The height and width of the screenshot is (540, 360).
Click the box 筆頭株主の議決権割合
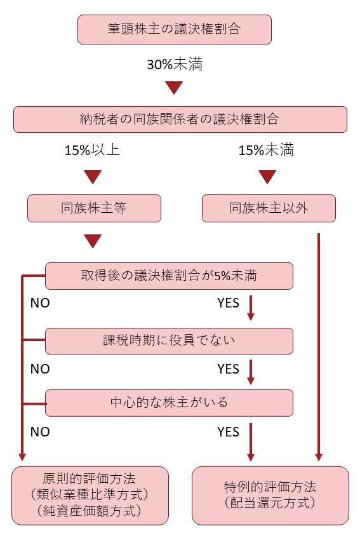tap(175, 29)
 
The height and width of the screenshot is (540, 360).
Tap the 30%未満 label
tap(175, 64)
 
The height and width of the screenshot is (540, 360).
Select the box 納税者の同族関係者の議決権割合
tap(180, 119)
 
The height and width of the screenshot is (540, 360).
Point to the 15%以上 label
tap(92, 150)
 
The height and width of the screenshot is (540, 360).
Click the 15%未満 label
tap(267, 150)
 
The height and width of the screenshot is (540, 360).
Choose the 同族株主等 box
tap(95, 208)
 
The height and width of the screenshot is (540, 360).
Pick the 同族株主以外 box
tap(269, 208)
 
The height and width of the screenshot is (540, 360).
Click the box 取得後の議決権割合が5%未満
tap(169, 276)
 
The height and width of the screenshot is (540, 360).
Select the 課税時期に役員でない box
tap(169, 341)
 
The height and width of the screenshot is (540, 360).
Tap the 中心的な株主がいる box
tap(169, 403)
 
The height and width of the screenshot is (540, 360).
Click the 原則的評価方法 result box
tap(90, 496)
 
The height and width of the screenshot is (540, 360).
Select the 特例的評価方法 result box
tap(270, 496)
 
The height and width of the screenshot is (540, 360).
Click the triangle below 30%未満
tap(174, 88)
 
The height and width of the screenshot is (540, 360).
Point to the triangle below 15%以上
tap(93, 177)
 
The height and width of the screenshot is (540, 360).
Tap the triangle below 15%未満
tap(267, 177)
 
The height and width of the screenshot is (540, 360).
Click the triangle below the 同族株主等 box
tap(93, 241)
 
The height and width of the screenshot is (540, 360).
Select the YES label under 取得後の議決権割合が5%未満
tap(228, 303)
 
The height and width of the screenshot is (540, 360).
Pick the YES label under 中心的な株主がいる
tap(228, 432)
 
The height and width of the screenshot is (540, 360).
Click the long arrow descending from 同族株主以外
tap(319, 347)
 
